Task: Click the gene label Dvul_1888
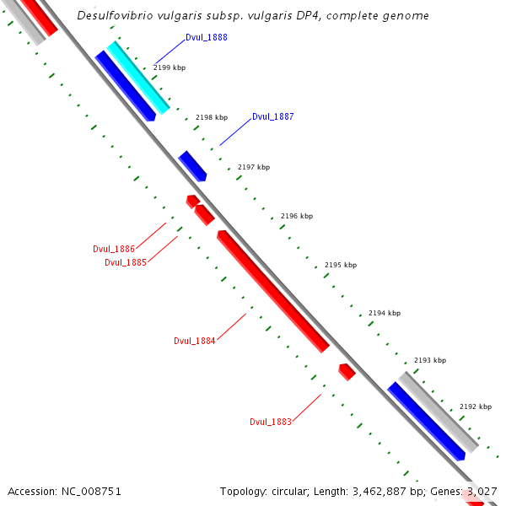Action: (x=206, y=38)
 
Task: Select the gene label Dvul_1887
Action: (x=272, y=116)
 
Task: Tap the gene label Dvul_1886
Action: (x=114, y=249)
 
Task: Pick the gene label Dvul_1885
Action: (x=126, y=262)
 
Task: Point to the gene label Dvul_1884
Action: (x=195, y=341)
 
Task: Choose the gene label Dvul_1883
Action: (x=271, y=422)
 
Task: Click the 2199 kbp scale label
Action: (x=169, y=66)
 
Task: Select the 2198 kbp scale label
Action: (x=212, y=118)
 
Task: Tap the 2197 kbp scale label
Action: (x=254, y=167)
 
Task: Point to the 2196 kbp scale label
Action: (x=297, y=216)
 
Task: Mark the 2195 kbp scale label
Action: (x=341, y=265)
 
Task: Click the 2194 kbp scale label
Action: (x=385, y=313)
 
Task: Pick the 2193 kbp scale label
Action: (x=430, y=360)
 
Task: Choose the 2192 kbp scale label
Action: (x=476, y=406)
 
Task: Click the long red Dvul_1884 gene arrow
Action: (x=272, y=290)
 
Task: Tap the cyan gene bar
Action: (x=138, y=78)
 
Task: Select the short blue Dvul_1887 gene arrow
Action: (x=192, y=165)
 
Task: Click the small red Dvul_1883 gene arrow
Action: (x=347, y=371)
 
